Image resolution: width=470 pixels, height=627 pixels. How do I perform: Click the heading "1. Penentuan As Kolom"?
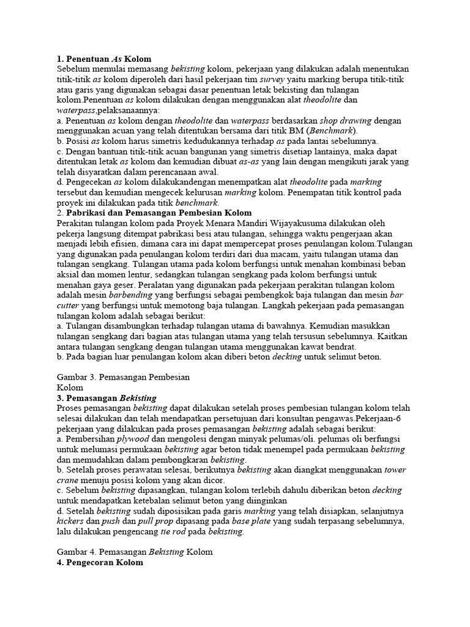tap(103, 59)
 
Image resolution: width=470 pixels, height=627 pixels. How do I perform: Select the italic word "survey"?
tap(272, 79)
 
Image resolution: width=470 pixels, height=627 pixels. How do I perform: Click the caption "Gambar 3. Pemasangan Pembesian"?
tap(123, 377)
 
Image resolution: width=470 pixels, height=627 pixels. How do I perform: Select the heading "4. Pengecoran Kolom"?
tap(100, 562)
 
